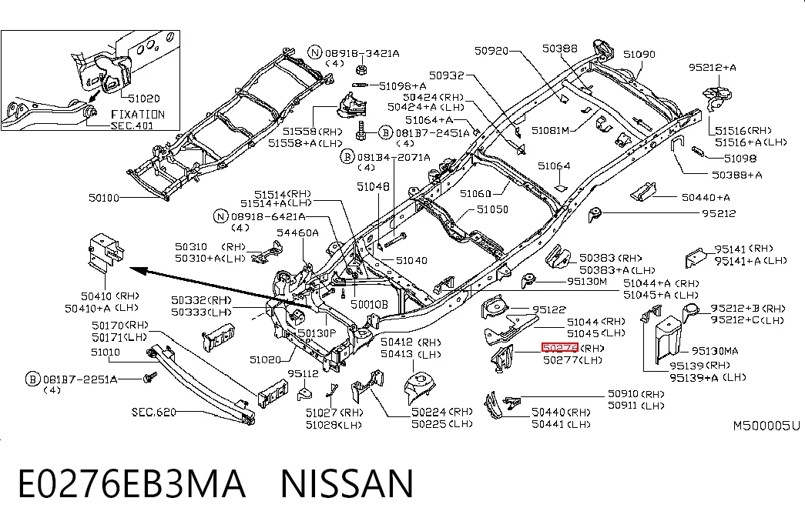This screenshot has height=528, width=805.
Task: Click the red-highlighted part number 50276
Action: [560, 348]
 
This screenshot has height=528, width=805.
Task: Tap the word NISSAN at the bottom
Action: [347, 483]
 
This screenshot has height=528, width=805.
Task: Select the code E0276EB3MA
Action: [132, 483]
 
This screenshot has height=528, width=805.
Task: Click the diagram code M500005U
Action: [766, 426]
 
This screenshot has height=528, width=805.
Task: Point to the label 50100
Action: [104, 198]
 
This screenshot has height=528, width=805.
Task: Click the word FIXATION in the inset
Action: [138, 115]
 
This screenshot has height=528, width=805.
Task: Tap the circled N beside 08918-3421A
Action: [315, 52]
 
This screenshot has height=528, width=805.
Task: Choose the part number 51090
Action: [639, 54]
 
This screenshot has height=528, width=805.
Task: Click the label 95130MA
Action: [715, 351]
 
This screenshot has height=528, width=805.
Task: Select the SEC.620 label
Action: [153, 412]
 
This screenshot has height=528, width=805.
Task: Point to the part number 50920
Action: [491, 50]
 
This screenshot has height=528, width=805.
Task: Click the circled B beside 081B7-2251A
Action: [32, 379]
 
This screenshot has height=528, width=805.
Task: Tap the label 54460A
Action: [298, 232]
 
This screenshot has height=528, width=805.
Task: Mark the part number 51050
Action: [492, 209]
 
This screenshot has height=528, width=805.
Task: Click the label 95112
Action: [303, 373]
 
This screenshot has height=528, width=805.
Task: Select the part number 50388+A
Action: [736, 175]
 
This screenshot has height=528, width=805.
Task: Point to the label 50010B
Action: [369, 304]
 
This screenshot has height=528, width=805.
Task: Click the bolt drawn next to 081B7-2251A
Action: [150, 378]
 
